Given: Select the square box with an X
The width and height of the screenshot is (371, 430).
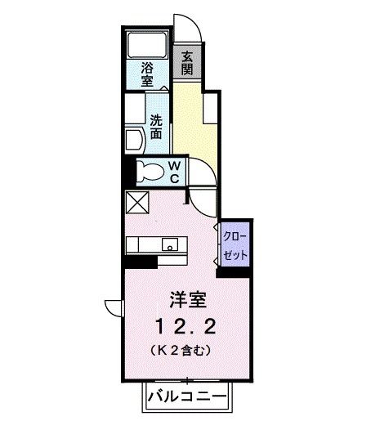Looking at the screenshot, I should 136,203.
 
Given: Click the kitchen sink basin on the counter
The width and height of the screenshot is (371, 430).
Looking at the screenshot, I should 170,243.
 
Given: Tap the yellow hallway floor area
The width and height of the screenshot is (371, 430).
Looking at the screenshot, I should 194,119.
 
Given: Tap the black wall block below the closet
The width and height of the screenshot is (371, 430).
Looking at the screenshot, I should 233,271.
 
